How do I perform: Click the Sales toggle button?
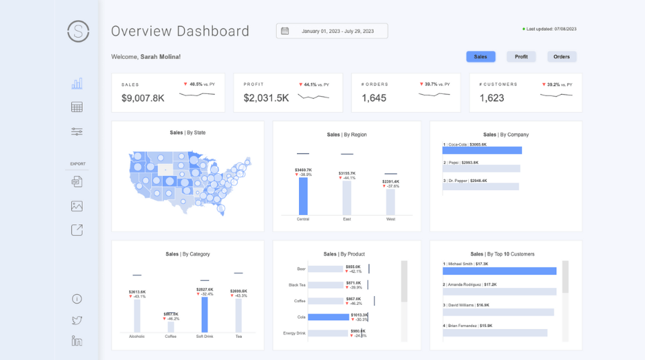tap(480, 57)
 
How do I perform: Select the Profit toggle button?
tap(521, 57)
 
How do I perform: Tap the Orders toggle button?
tap(562, 57)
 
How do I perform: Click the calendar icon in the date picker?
tap(285, 31)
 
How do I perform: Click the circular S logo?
tap(79, 31)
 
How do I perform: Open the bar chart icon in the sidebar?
tap(77, 83)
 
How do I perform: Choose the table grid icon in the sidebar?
tap(77, 107)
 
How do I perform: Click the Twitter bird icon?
tap(77, 320)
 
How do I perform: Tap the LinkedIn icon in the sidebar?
tap(77, 341)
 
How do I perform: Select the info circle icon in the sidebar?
tap(77, 299)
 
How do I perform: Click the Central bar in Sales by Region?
tap(303, 195)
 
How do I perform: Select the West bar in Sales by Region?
tap(390, 201)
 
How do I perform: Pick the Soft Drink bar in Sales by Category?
tap(205, 314)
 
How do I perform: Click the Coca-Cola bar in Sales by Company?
tap(482, 150)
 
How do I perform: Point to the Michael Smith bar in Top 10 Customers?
tap(499, 271)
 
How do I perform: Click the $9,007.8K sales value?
tap(143, 98)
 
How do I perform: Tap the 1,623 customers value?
tap(492, 98)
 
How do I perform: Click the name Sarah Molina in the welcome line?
tap(160, 57)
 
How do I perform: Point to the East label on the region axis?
tap(347, 219)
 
